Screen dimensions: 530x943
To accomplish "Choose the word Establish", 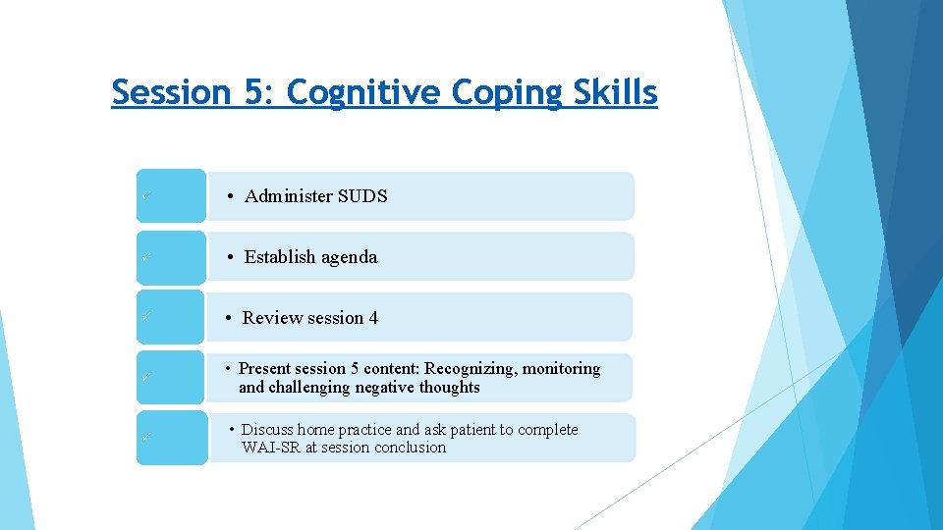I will coord(282,257).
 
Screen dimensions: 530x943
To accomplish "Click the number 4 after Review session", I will coord(373,318).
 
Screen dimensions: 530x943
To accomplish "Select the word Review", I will coord(272,318).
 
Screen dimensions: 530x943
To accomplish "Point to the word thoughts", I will coord(446,388).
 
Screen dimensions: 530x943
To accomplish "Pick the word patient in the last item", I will coord(481,430).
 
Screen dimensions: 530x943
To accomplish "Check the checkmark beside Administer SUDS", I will coord(144,196).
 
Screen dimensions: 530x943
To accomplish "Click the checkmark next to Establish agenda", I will coord(144,257).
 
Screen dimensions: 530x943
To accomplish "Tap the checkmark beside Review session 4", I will coord(144,317).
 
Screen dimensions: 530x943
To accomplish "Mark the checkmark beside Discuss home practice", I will coord(144,437).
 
